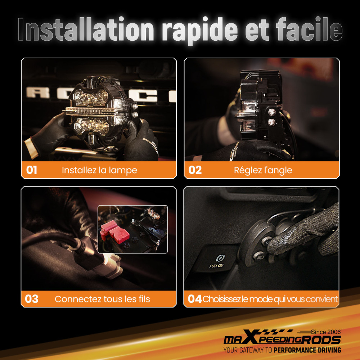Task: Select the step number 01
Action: coord(31,170)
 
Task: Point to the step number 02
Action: coord(195,170)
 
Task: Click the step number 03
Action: coord(31,299)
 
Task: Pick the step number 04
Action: coord(195,299)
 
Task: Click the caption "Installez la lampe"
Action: coord(99,170)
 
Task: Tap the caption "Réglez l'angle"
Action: coord(263,170)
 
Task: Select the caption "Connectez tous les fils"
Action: coord(102,299)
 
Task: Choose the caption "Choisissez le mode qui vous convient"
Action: coord(270,299)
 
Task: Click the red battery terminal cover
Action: coord(114,232)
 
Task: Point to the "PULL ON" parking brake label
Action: coord(216,266)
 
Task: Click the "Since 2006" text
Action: coord(326,332)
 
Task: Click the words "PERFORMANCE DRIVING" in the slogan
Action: coord(307,350)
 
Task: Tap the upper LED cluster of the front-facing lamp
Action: coord(91,97)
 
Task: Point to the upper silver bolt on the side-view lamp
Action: coord(272,112)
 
